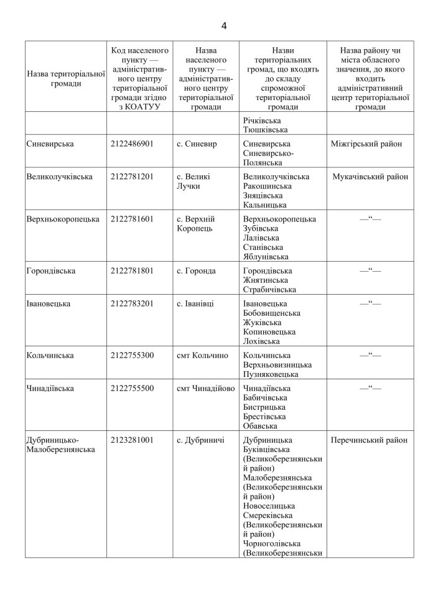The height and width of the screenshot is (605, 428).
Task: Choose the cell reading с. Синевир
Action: pyautogui.click(x=197, y=144)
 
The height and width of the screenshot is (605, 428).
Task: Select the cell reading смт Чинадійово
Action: pyautogui.click(x=205, y=389)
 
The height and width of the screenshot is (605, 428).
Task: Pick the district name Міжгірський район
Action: pyautogui.click(x=370, y=144)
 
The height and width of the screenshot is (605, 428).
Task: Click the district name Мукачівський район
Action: pyautogui.click(x=370, y=177)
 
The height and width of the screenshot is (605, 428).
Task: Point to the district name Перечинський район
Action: pyautogui.click(x=370, y=440)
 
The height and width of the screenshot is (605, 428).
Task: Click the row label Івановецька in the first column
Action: pyautogui.click(x=49, y=304)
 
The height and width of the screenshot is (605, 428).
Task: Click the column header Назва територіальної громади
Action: pyautogui.click(x=65, y=79)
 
